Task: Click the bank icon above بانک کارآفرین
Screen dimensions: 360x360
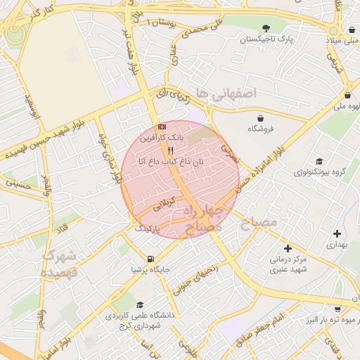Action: coord(162,127)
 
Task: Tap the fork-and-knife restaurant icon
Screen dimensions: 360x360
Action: coord(169,150)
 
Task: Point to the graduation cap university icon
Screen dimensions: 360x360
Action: coord(140,304)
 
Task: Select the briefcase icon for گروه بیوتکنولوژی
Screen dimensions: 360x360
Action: coord(320,161)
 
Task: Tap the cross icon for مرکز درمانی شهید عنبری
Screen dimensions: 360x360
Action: coord(288,247)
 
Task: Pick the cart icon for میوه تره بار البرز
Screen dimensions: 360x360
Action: coord(337,309)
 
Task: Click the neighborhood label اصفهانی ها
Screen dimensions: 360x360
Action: coord(226,92)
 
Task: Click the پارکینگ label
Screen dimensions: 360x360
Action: coord(148,229)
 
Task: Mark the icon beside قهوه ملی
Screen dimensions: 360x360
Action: coord(348,95)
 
